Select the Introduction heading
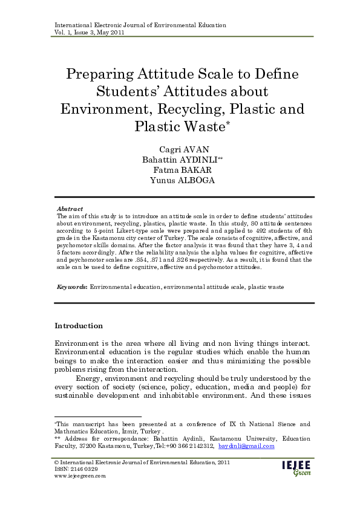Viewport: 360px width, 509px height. pyautogui.click(x=79, y=326)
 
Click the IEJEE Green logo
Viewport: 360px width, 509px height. pyautogui.click(x=296, y=468)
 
